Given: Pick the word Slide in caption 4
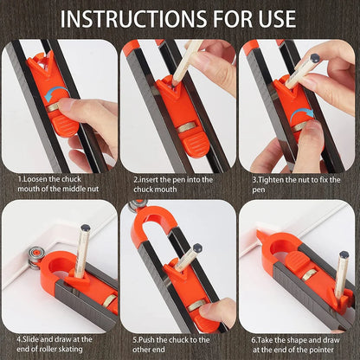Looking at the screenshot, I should pyautogui.click(x=36, y=338).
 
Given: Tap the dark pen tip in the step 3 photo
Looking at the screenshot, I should pyautogui.click(x=314, y=59).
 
